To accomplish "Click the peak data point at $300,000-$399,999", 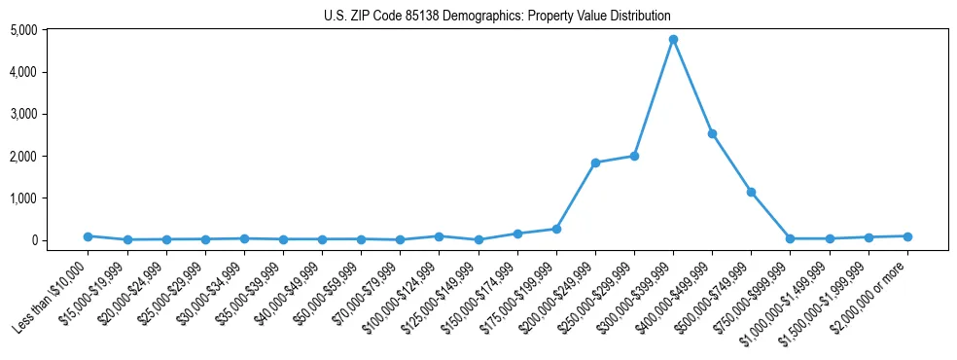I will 673,40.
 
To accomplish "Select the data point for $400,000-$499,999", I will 712,133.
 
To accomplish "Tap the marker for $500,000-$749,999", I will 751,192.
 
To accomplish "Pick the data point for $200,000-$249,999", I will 595,162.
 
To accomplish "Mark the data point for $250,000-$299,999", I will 634,156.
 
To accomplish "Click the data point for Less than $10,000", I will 88,236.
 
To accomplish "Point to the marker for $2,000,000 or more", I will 907,236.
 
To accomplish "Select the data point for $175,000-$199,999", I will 556,229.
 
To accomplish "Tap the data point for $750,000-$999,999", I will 790,238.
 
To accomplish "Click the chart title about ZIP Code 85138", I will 497,17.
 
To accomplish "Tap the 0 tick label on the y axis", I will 60,240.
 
